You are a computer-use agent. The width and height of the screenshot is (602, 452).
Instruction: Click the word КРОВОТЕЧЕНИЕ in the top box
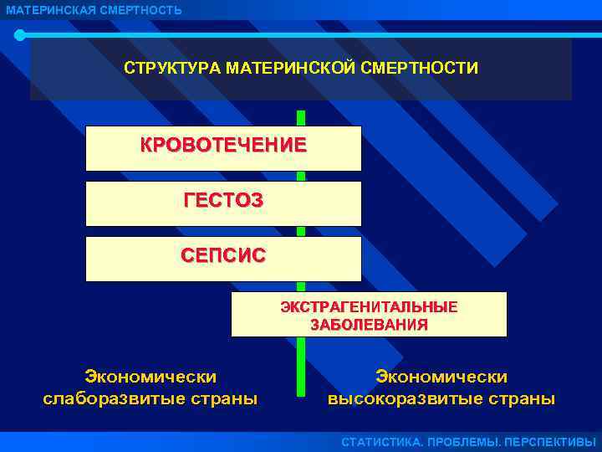[x=223, y=145]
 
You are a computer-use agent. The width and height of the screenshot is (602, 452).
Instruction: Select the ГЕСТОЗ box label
[x=223, y=200]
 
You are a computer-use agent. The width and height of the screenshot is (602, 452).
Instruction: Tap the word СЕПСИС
[x=223, y=255]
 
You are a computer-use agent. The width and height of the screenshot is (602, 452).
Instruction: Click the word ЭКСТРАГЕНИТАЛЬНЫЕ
[x=369, y=307]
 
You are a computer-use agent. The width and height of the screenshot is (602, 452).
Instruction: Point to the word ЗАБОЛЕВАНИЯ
[x=369, y=325]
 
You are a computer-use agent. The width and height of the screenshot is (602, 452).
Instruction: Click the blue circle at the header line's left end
[x=20, y=35]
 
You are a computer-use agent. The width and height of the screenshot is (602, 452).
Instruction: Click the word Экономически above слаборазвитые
[x=150, y=378]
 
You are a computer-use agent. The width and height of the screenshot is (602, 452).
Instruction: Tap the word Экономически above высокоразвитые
[x=441, y=378]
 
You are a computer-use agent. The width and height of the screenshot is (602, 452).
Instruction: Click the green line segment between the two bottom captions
[x=300, y=368]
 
